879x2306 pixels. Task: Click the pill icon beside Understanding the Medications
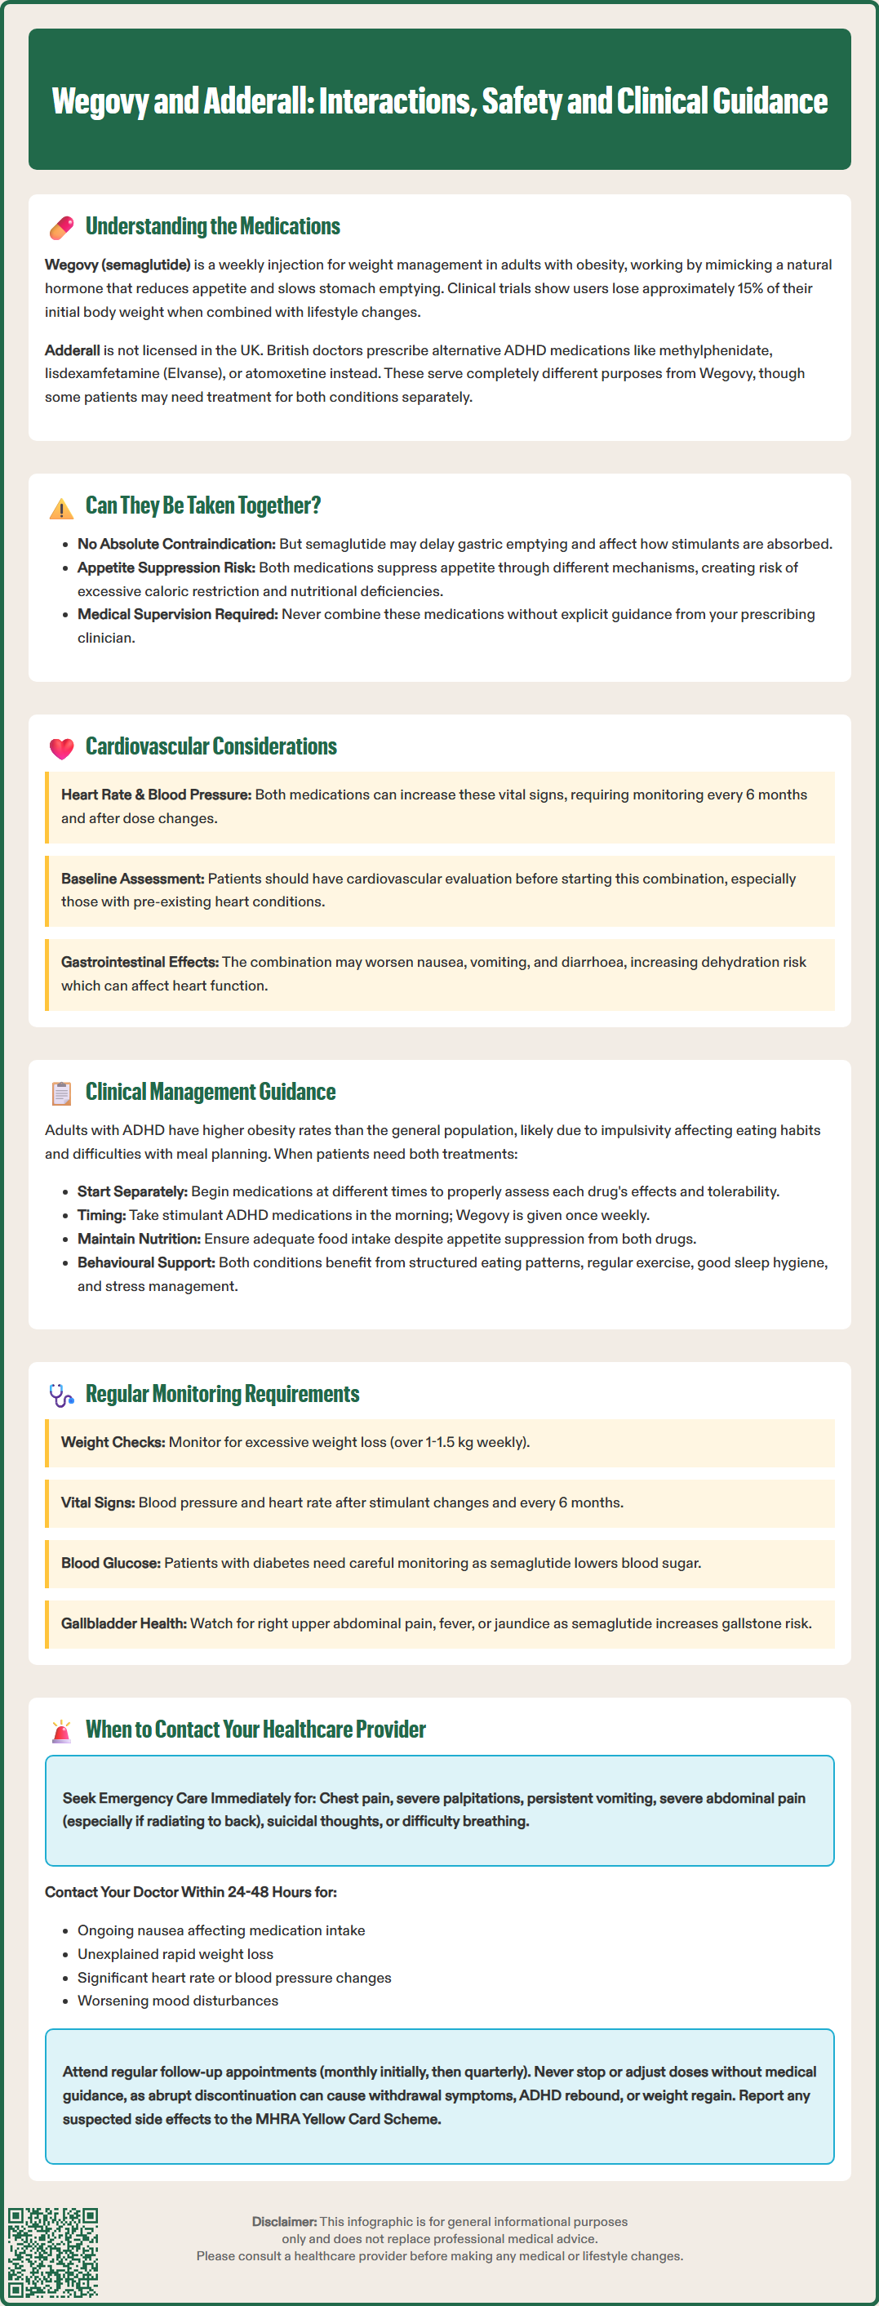pos(61,227)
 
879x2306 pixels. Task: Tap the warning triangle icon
pos(61,509)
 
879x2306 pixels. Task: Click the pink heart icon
pos(61,748)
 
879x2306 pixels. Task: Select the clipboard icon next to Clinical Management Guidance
pos(61,1093)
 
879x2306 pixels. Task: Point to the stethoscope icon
pos(61,1395)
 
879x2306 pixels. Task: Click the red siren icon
pos(61,1730)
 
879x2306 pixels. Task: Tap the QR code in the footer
pos(53,2251)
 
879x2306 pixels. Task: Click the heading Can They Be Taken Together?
pos(202,505)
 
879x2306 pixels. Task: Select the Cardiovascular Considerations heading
pos(211,746)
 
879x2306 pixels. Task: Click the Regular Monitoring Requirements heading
pos(222,1394)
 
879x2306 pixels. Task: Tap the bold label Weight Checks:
pos(113,1442)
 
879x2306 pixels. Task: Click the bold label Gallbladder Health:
pos(123,1623)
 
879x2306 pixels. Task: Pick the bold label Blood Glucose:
pos(111,1563)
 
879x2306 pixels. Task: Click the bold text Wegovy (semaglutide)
pos(118,265)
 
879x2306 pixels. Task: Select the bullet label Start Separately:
pos(132,1191)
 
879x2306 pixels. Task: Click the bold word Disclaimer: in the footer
pos(284,2221)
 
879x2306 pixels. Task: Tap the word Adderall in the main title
pos(253,101)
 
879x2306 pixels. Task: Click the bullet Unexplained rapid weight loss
pos(175,1954)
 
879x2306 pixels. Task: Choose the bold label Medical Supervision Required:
pos(177,614)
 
